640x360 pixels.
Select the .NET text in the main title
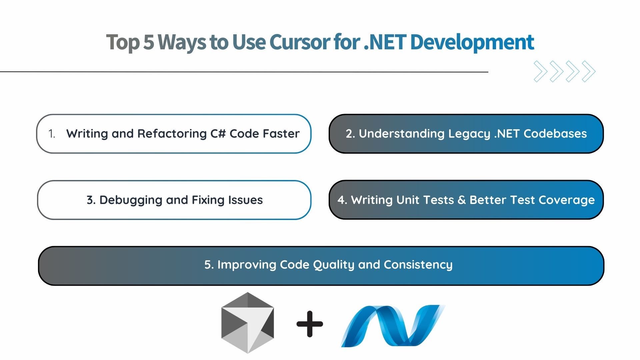[385, 42]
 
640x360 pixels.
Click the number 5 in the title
[149, 42]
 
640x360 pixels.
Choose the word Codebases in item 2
[555, 133]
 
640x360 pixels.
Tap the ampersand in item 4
[462, 200]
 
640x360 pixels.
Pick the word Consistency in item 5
[418, 265]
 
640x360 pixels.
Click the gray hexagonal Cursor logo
[247, 323]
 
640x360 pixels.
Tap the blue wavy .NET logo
[393, 326]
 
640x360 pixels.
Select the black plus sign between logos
[310, 324]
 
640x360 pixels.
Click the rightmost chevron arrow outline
[589, 71]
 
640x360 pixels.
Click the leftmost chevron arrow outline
[541, 71]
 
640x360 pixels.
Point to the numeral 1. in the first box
[52, 134]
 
